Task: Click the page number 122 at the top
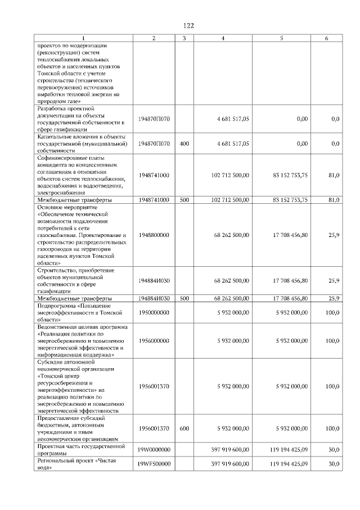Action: coord(188,26)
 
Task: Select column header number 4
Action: coord(223,38)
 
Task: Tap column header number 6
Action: coord(327,38)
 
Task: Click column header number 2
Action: coord(154,38)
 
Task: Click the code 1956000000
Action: coord(154,341)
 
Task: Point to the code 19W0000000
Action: coord(154,450)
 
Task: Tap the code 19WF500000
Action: coord(154,464)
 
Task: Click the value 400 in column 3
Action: coord(183,144)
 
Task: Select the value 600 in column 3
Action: coord(183,428)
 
